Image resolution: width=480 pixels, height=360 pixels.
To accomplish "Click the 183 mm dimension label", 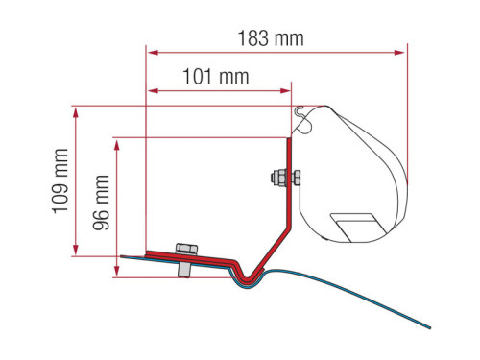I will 272,38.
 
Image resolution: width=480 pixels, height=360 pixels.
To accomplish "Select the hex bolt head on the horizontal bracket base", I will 182,250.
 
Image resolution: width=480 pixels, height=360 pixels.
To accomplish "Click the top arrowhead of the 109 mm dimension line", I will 75,108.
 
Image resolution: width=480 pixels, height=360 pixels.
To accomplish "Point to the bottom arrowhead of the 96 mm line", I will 117,275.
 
